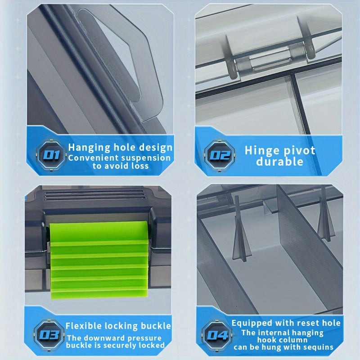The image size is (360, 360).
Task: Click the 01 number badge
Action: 51,155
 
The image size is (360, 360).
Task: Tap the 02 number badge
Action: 220,155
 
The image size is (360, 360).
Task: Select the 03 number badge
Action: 49,335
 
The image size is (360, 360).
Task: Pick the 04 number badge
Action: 217,335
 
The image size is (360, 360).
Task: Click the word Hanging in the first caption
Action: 89,148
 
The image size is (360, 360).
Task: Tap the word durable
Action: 279,162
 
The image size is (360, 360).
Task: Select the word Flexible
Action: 83,326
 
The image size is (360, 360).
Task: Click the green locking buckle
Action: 99,260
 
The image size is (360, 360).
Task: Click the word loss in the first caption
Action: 140,166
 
